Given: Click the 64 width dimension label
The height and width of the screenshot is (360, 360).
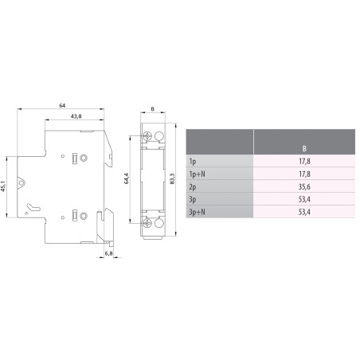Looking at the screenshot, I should (61, 105).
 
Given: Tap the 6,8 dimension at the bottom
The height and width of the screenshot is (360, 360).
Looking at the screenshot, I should (108, 254).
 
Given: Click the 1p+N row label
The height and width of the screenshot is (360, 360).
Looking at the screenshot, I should (196, 174).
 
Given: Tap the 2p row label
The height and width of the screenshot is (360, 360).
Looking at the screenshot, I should (192, 186).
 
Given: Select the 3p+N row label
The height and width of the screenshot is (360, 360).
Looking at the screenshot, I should (196, 212).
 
